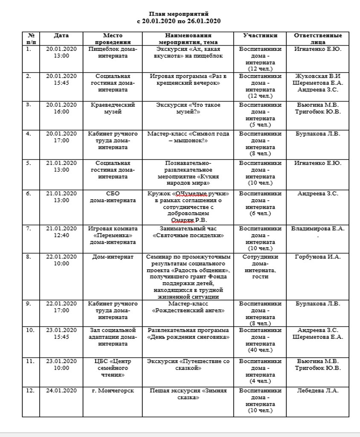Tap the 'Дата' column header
[61, 36]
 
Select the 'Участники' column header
[260, 36]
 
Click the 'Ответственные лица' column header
[318, 39]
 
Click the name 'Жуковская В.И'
[317, 76]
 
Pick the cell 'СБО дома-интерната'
[112, 197]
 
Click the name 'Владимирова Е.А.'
[317, 229]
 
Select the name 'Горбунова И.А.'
[318, 257]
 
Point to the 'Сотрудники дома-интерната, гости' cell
[260, 267]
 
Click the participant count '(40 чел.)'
[260, 350]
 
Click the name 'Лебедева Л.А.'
[318, 390]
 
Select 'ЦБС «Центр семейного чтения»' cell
[112, 368]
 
